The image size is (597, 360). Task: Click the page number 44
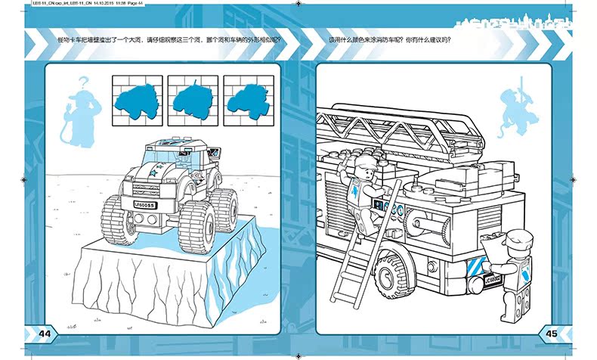click(x=43, y=334)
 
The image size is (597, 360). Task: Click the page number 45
click(x=551, y=334)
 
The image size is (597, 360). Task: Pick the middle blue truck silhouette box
click(x=187, y=98)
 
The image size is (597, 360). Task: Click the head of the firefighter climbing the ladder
click(x=367, y=166)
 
